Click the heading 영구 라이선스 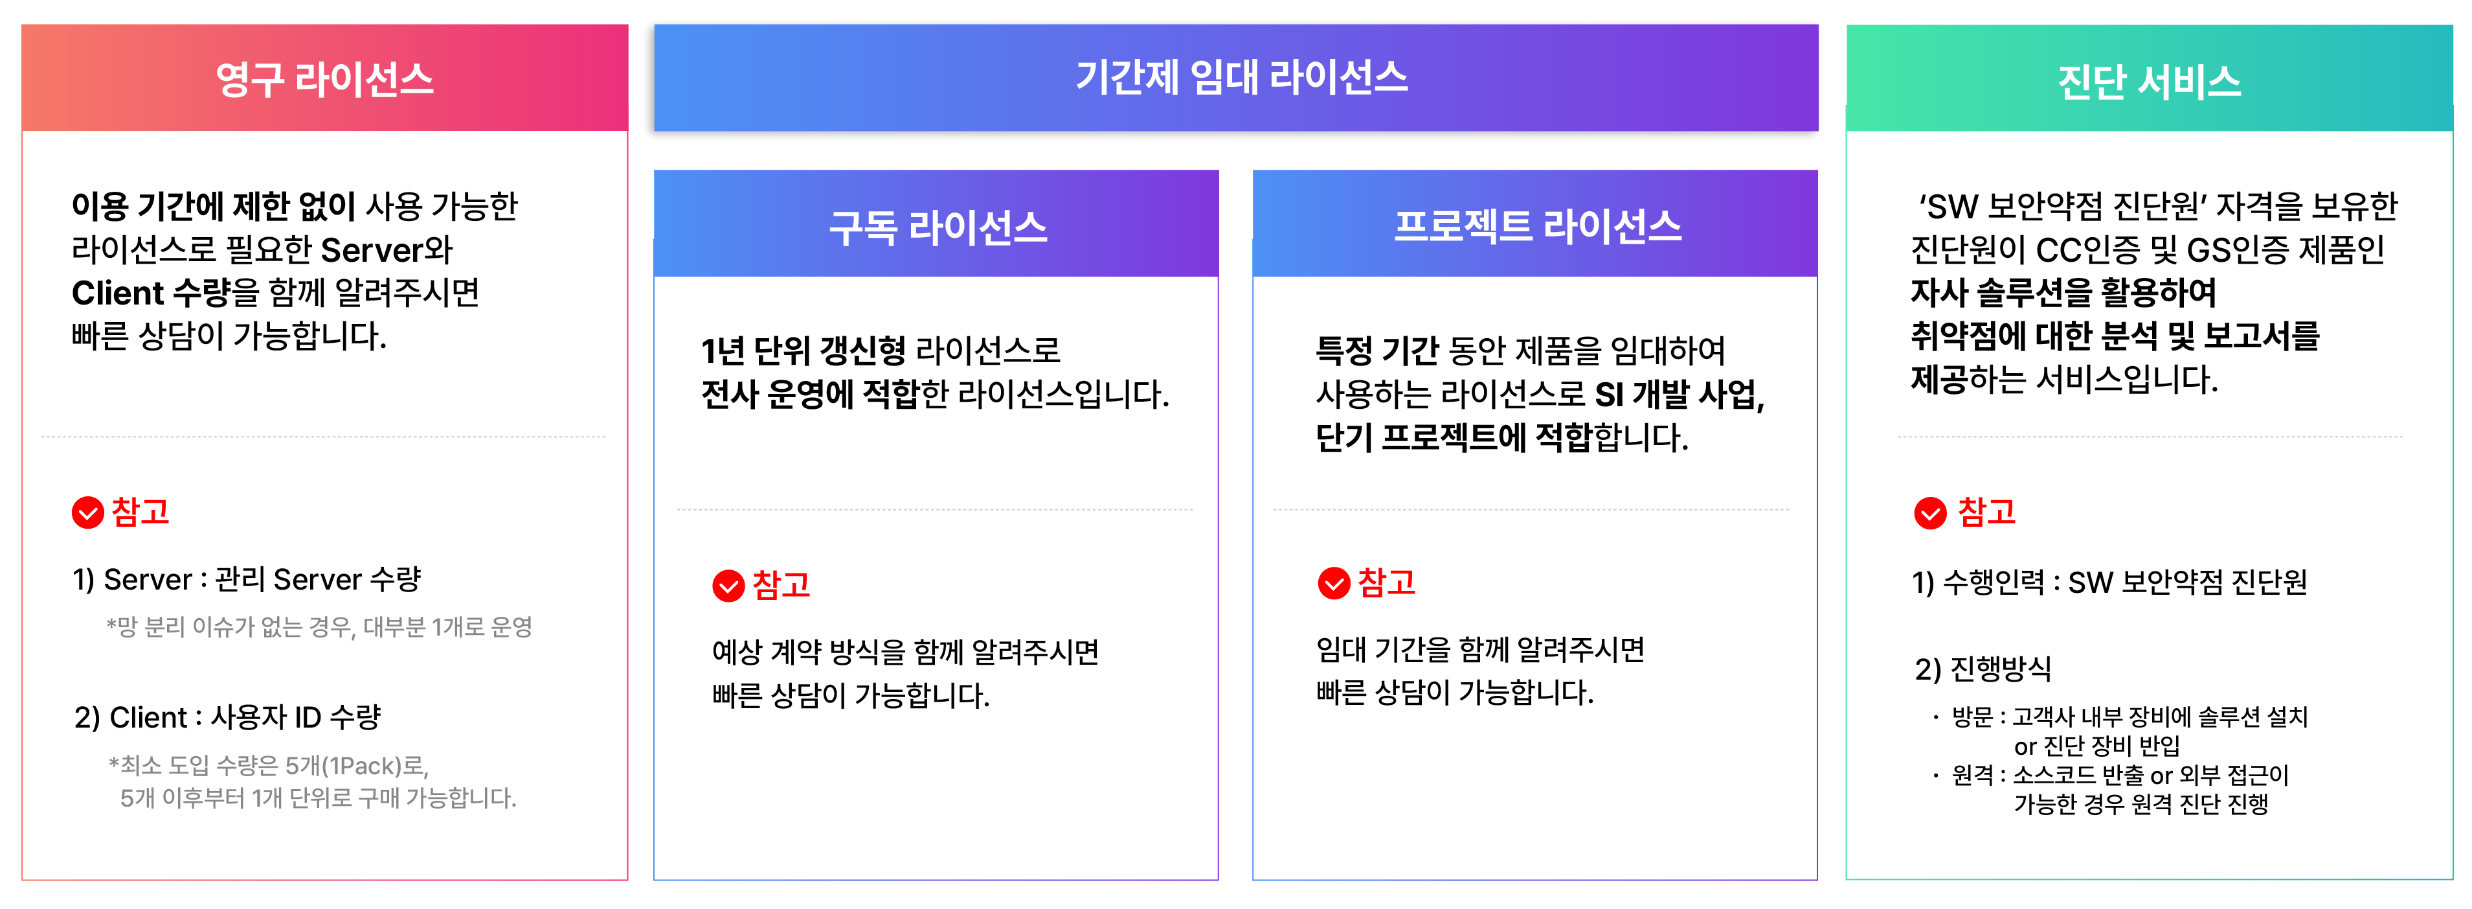324,78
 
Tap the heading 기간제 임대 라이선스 1242,77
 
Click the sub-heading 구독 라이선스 938,227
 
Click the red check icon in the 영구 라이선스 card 88,512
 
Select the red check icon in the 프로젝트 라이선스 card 1334,582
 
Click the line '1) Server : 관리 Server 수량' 247,580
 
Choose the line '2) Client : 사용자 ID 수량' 227,717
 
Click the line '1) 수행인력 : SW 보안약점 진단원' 2109,582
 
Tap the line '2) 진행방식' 1983,668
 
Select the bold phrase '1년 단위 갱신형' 803,351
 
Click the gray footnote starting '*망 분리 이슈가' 319,627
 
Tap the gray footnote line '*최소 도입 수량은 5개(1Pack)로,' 269,765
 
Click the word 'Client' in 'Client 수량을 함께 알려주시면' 118,293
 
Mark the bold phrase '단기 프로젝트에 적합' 1454,438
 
